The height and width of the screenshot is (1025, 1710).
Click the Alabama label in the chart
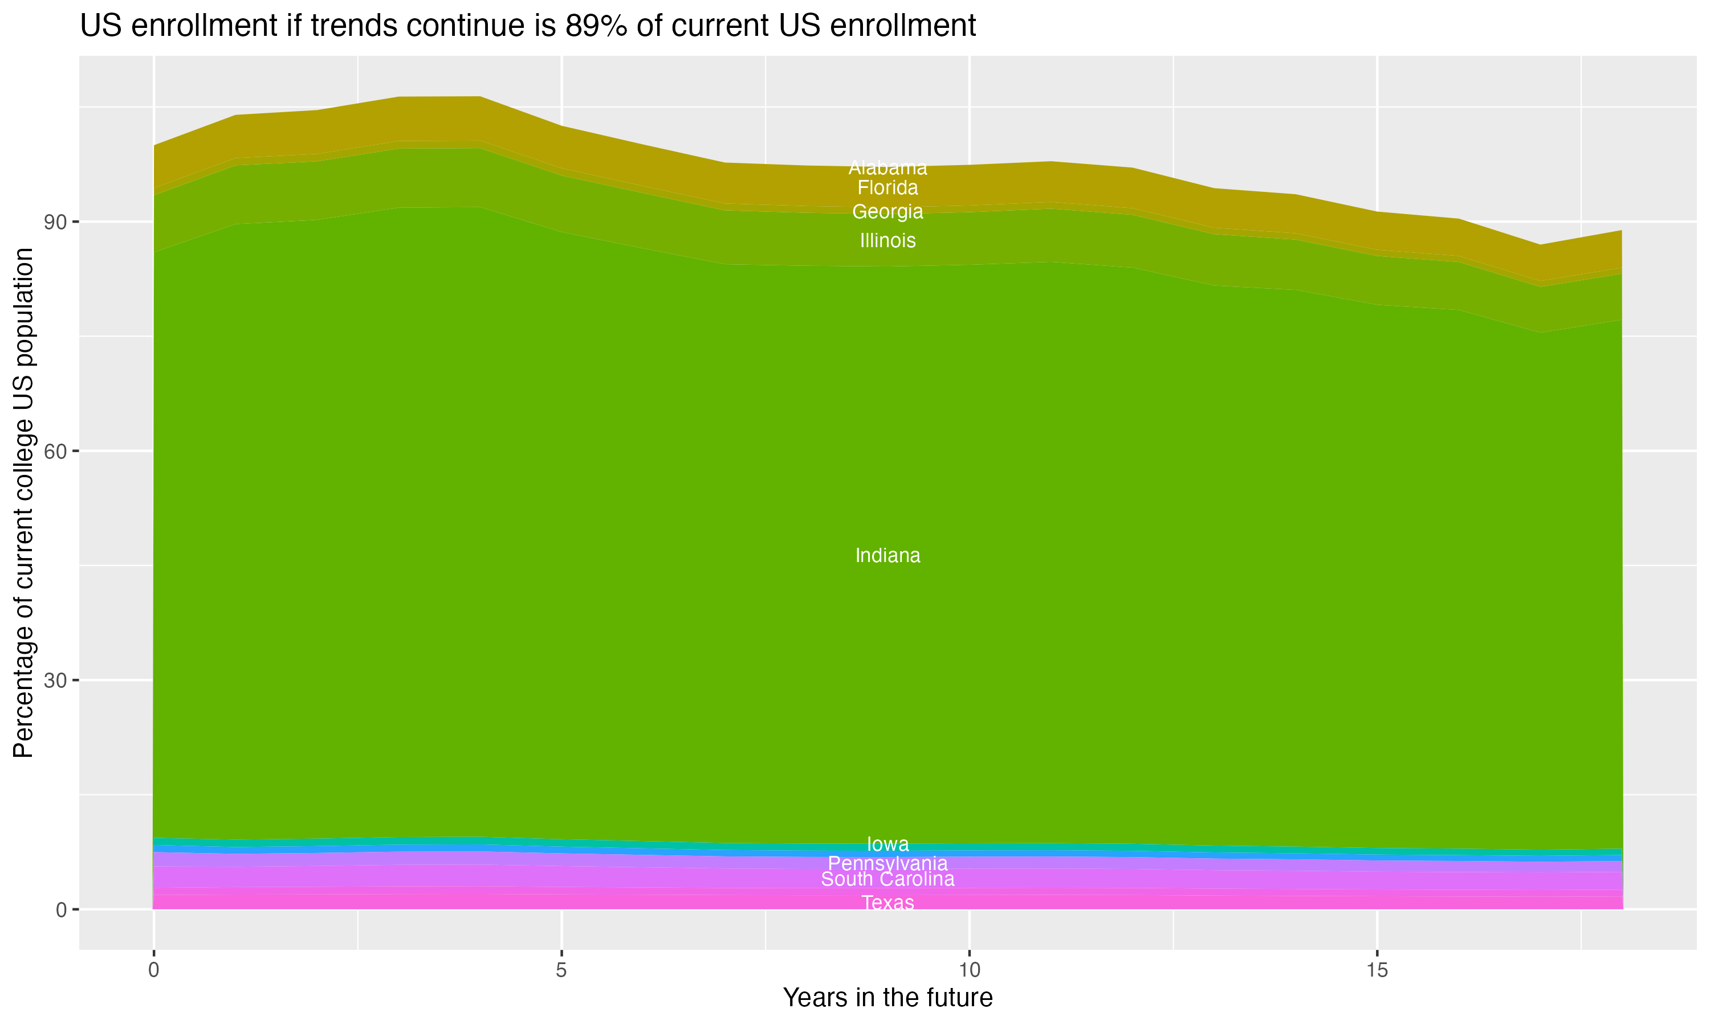coord(887,168)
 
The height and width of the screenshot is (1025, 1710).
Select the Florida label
coord(887,188)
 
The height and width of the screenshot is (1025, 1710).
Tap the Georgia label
coord(887,211)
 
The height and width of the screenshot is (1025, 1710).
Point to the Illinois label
coord(887,240)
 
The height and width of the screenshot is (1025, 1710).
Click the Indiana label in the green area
coord(887,555)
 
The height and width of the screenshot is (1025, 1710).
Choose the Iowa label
coord(887,844)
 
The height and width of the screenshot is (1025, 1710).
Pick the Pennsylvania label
coord(887,863)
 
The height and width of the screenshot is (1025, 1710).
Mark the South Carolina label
coord(887,879)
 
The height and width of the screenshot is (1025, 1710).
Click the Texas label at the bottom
coord(887,903)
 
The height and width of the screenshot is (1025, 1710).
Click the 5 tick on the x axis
coord(561,970)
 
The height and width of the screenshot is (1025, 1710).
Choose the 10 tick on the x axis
coord(969,970)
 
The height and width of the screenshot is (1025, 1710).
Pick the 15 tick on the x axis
coord(1377,970)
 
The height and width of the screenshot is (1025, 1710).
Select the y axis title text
coord(23,503)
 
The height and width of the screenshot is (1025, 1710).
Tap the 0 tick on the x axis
coord(153,970)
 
